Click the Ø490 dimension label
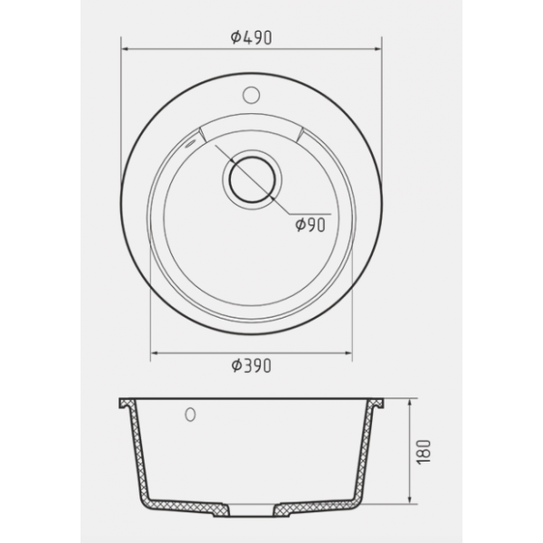252,37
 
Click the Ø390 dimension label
252,366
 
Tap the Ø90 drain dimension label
310,225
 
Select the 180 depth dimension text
424,452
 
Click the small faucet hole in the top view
251,95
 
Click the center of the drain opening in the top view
252,180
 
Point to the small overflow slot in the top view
190,143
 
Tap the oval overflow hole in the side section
190,414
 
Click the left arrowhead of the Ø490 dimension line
126,49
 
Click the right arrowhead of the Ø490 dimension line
377,49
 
